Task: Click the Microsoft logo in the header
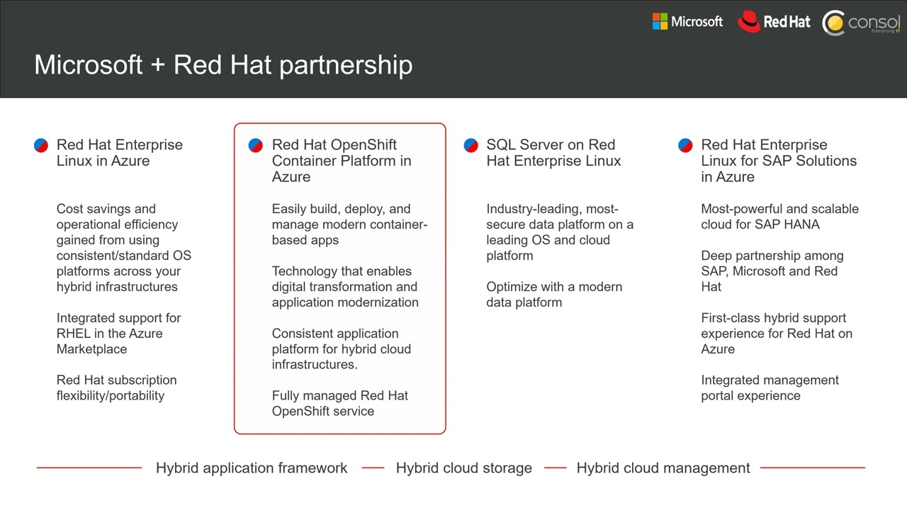(x=687, y=22)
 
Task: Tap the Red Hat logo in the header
(x=774, y=22)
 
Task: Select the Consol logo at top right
(x=861, y=23)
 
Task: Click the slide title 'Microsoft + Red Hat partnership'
(x=223, y=64)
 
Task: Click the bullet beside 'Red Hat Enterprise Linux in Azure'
(x=41, y=145)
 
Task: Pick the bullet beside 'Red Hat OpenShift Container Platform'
(x=256, y=145)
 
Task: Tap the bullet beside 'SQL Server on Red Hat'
(x=471, y=145)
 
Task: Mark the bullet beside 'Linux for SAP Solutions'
(x=685, y=145)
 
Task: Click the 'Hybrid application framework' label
(x=252, y=468)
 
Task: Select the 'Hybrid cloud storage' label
(x=463, y=468)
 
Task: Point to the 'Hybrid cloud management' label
(x=663, y=468)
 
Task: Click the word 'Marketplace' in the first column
(x=91, y=349)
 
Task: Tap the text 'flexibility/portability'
(x=111, y=396)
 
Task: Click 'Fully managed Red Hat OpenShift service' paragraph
(x=339, y=404)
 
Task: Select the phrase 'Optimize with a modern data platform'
(x=553, y=295)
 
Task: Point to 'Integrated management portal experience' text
(x=770, y=388)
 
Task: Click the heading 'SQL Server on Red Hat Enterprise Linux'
(x=553, y=153)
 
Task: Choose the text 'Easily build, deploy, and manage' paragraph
(x=349, y=225)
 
